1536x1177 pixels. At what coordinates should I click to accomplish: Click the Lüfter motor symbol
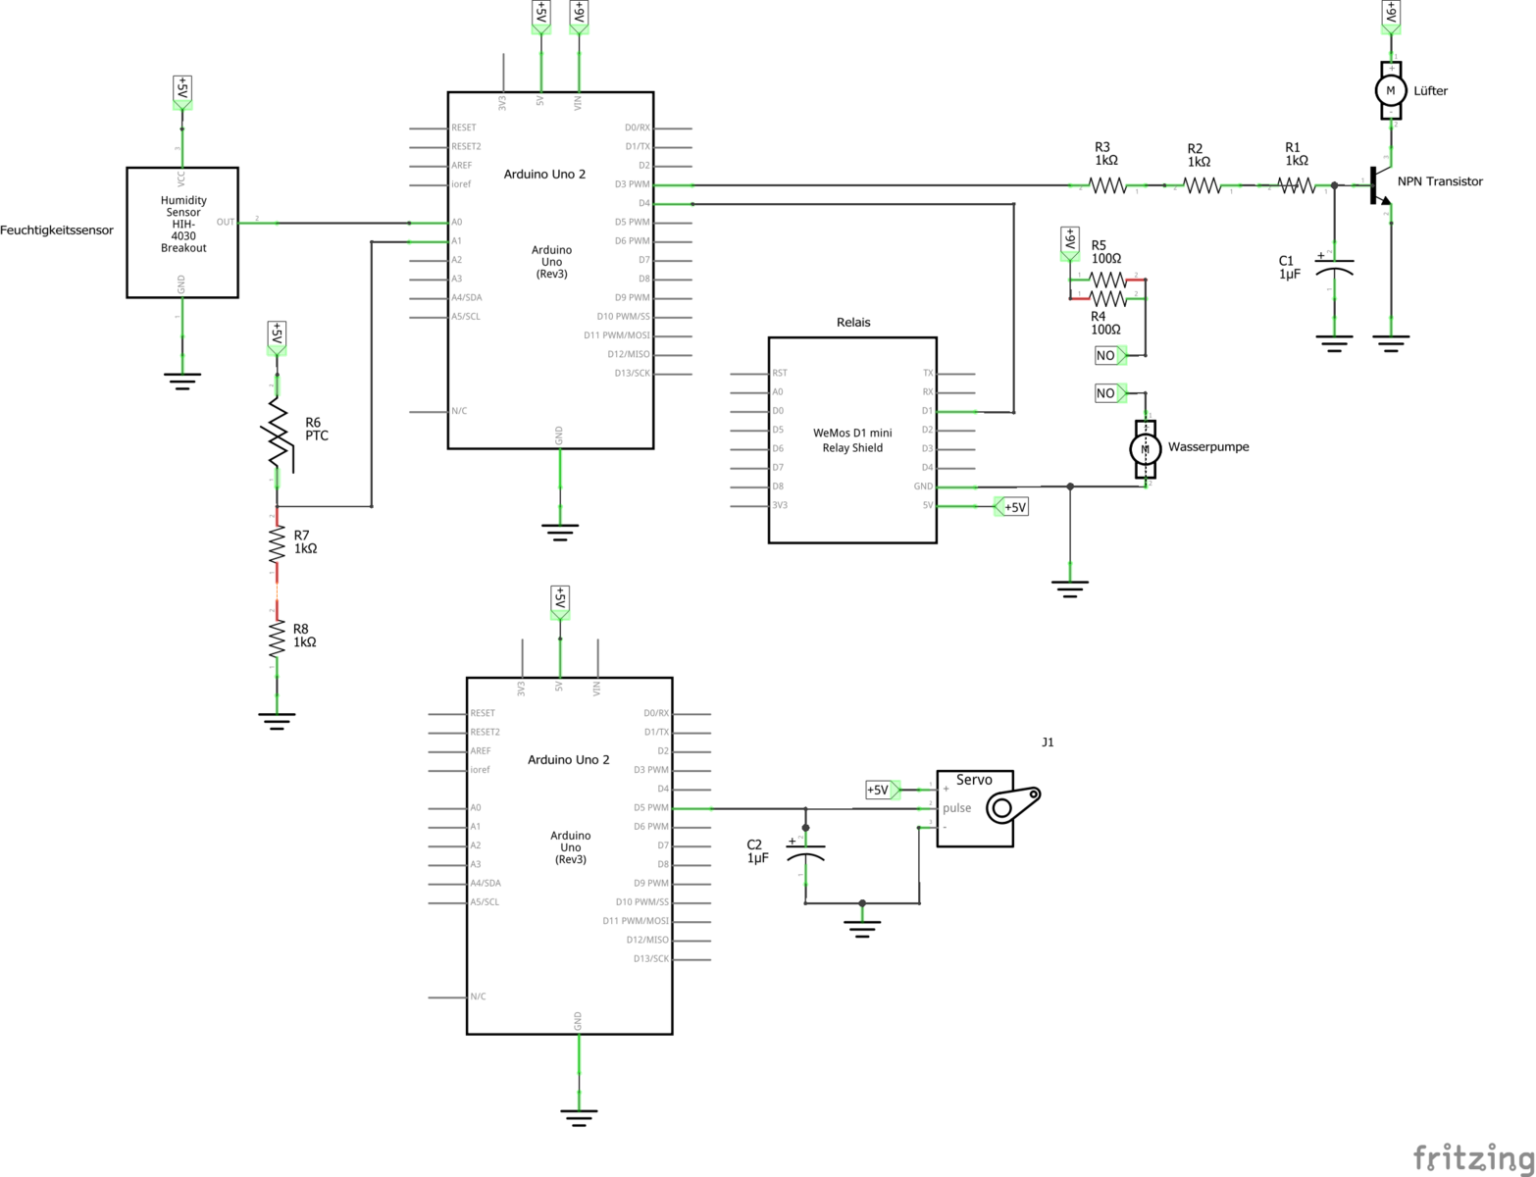coord(1390,90)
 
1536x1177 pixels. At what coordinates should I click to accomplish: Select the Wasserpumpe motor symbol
coord(1145,448)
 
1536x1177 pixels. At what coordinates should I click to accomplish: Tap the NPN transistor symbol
coord(1378,186)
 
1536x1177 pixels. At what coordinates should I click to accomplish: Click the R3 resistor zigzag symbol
coord(1108,184)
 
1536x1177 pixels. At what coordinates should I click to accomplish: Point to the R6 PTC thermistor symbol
coord(278,433)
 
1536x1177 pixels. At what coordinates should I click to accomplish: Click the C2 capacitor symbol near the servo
coord(805,851)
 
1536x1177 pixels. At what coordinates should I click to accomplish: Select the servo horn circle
coord(1001,808)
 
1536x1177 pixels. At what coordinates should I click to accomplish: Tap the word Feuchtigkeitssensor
coord(57,230)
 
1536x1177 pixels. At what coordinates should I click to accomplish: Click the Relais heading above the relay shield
coord(853,322)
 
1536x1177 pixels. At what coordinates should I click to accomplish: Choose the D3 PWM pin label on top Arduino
coord(632,184)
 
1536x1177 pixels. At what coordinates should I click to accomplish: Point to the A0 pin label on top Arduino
coord(457,223)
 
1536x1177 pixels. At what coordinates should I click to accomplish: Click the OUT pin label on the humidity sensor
coord(226,223)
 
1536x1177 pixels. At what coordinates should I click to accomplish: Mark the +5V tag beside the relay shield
coord(1014,507)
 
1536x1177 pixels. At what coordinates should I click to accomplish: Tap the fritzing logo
coord(1472,1157)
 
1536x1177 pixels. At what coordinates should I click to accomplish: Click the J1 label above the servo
coord(1048,742)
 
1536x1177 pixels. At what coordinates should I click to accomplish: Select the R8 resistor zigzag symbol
coord(278,639)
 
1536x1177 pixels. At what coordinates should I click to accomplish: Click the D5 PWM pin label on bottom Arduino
coord(651,808)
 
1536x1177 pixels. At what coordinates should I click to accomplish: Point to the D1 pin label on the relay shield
coord(927,411)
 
